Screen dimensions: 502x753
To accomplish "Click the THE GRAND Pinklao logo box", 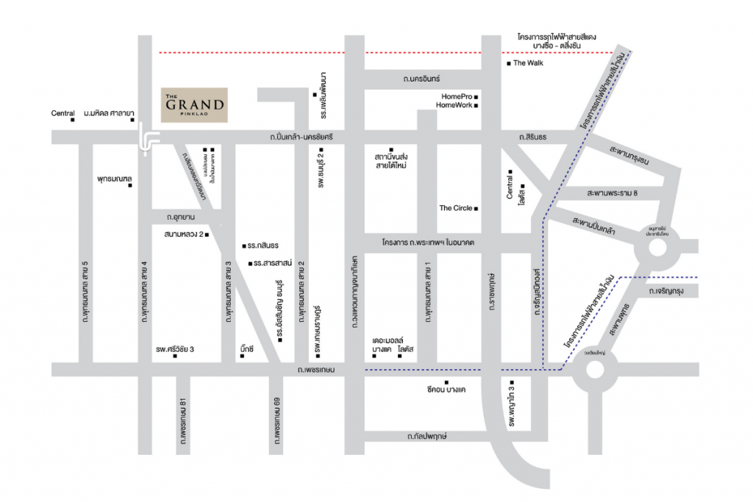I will click(194, 104).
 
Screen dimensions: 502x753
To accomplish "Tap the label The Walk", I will click(529, 64).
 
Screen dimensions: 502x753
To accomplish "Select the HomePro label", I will click(456, 96).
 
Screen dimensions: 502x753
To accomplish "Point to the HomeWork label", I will click(454, 106).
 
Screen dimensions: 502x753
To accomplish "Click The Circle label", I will click(455, 208).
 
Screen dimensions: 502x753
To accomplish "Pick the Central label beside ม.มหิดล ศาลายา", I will click(63, 113).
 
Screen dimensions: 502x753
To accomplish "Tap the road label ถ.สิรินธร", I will click(533, 137).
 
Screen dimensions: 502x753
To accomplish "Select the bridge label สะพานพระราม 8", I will click(612, 193).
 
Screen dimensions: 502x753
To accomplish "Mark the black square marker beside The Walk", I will click(508, 64).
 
